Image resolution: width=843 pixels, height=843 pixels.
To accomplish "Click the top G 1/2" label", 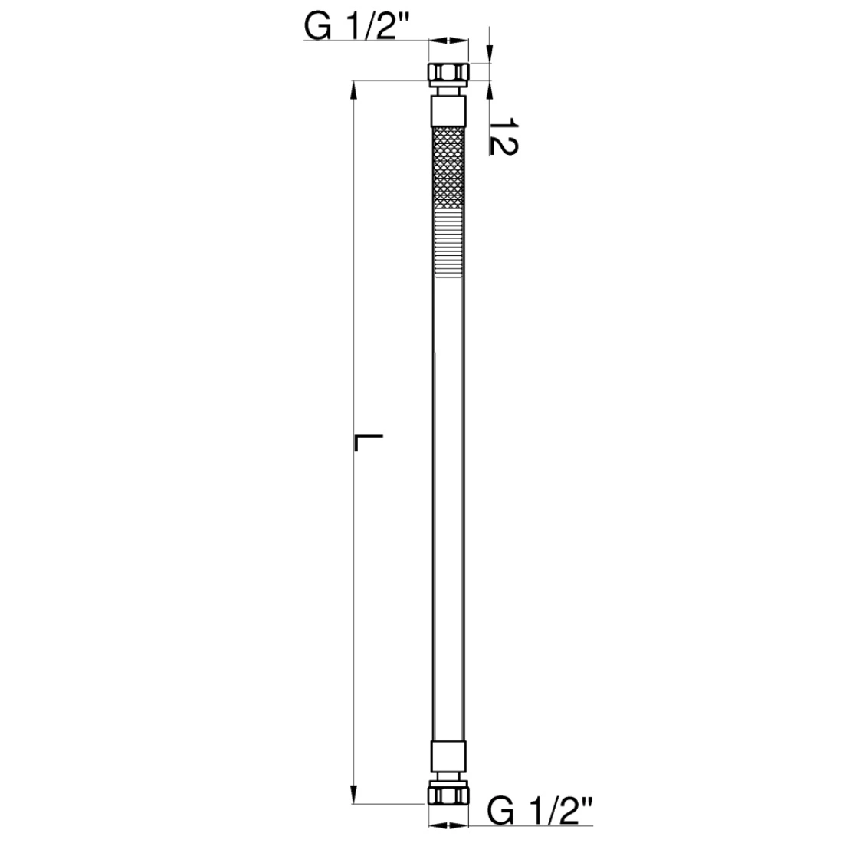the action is click(x=358, y=26).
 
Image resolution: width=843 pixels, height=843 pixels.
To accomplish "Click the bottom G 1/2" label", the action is click(x=540, y=811).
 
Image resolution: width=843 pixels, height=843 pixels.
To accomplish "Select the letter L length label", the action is click(x=369, y=442).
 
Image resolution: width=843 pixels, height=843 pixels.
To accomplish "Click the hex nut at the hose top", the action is click(x=448, y=72).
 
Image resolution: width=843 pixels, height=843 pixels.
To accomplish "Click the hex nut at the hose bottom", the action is click(x=448, y=795).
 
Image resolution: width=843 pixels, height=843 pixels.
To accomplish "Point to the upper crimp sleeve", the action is click(x=448, y=112).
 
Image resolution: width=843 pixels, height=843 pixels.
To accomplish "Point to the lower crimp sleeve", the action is click(x=448, y=756).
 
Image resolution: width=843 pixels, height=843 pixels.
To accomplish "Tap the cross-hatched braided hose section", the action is click(x=448, y=168).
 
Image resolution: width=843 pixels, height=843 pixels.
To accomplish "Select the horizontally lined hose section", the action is click(x=448, y=243).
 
